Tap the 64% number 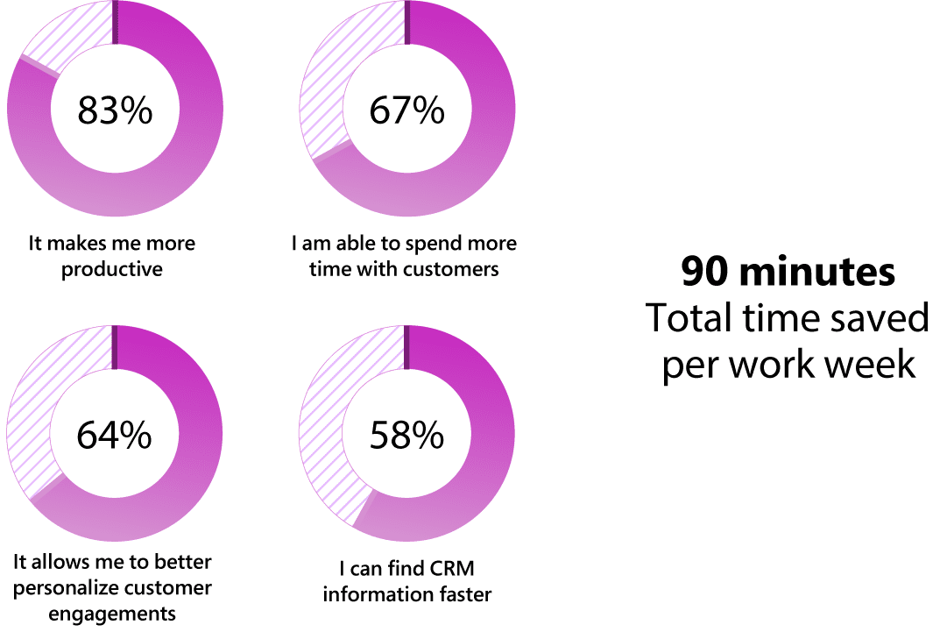[115, 435]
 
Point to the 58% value [406, 435]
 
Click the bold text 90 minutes [788, 273]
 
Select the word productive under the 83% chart [112, 269]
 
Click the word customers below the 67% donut [453, 269]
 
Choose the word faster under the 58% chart [463, 594]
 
